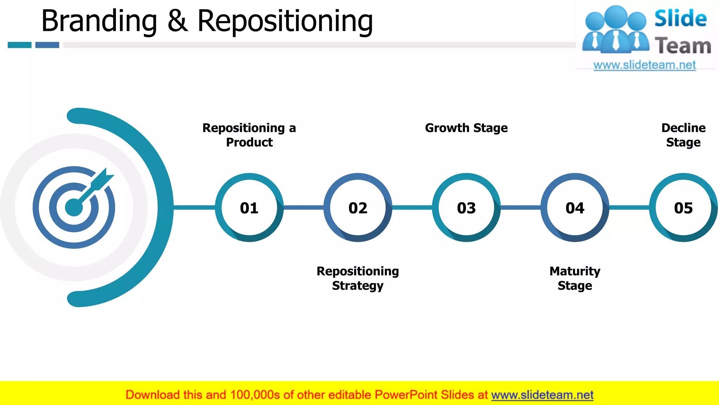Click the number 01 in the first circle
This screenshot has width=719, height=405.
tap(249, 208)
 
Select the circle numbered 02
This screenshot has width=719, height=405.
tap(358, 208)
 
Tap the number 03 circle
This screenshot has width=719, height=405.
tap(466, 208)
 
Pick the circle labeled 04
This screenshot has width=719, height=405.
tap(575, 208)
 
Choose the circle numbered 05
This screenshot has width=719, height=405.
tap(683, 208)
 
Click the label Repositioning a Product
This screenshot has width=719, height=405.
tap(249, 135)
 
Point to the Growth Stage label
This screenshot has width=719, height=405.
tap(466, 128)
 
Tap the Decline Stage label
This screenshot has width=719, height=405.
tap(683, 135)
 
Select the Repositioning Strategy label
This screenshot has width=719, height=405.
tap(358, 278)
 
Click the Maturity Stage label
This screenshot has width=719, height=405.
tap(575, 278)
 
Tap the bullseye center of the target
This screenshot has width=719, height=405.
tap(74, 207)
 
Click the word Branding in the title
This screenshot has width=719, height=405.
tap(99, 21)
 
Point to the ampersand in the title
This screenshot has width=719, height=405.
tap(177, 21)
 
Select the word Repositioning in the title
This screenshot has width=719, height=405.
tap(285, 21)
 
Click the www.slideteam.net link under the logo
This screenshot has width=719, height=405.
tap(645, 65)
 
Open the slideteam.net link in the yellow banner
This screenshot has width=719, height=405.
tap(542, 395)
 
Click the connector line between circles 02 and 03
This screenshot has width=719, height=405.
tap(412, 208)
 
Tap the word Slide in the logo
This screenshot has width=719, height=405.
tap(680, 19)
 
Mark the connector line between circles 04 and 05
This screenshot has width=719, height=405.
tap(629, 208)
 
